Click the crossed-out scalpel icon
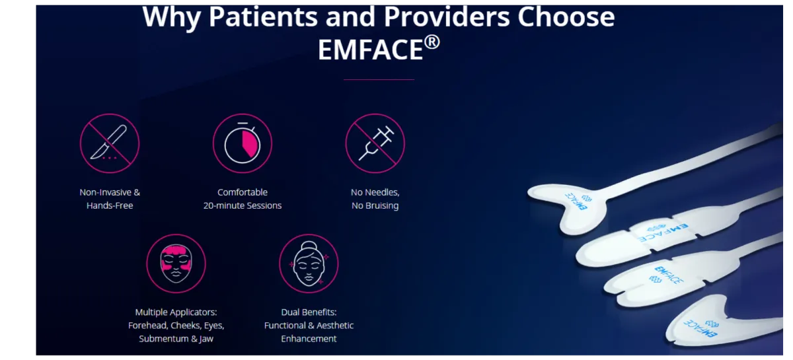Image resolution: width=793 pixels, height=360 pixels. click(110, 143)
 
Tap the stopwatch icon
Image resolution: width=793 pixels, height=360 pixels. click(243, 143)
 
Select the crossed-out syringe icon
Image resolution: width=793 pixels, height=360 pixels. click(375, 143)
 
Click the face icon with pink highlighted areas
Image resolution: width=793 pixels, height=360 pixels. click(176, 264)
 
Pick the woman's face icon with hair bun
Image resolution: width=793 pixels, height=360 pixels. click(309, 264)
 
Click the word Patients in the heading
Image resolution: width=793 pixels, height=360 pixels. click(263, 17)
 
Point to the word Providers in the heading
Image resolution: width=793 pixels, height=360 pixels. click(447, 17)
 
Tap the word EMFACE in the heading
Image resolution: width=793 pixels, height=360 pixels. click(370, 50)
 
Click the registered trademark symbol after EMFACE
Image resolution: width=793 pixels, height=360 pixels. click(432, 42)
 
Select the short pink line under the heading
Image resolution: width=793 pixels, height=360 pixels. click(379, 80)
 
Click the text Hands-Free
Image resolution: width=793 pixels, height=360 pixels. click(110, 205)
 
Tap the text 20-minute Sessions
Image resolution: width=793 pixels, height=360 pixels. click(243, 205)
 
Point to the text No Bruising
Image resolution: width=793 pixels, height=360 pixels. click(375, 205)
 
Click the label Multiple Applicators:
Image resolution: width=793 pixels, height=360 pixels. click(176, 312)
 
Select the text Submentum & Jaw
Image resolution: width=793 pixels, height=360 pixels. click(176, 339)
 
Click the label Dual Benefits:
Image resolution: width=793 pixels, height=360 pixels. click(309, 312)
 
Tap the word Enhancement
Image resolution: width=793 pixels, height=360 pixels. click(309, 339)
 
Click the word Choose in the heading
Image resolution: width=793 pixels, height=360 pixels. click(566, 17)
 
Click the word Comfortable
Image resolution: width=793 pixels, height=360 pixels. click(243, 192)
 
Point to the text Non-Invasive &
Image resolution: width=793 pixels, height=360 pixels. click(110, 192)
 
